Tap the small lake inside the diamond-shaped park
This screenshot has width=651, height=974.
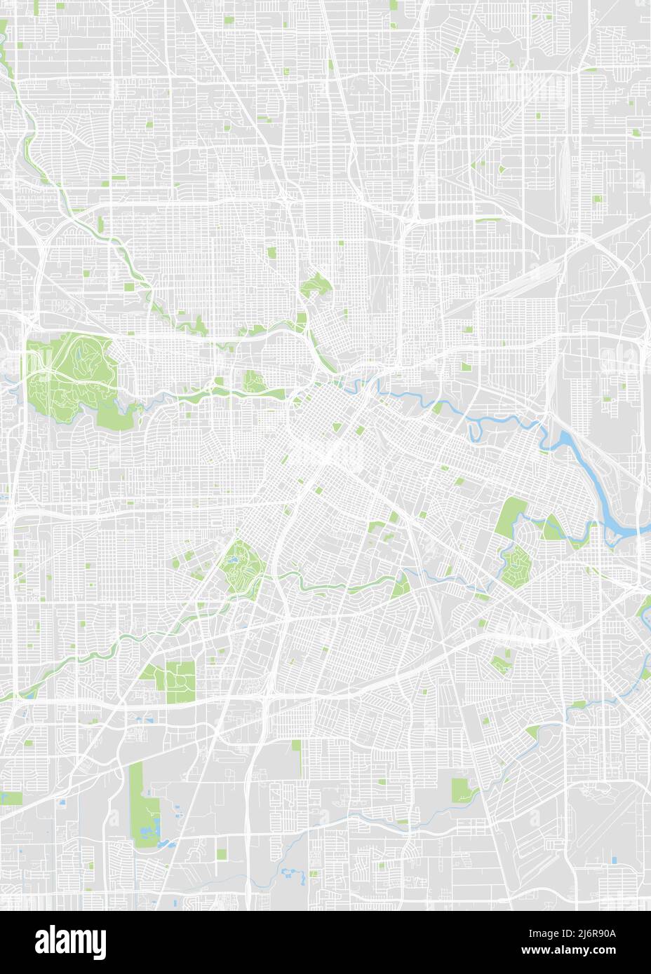pos(231,560)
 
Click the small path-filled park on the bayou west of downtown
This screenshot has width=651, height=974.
pos(255,381)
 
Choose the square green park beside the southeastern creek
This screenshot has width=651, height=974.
pos(461,788)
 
